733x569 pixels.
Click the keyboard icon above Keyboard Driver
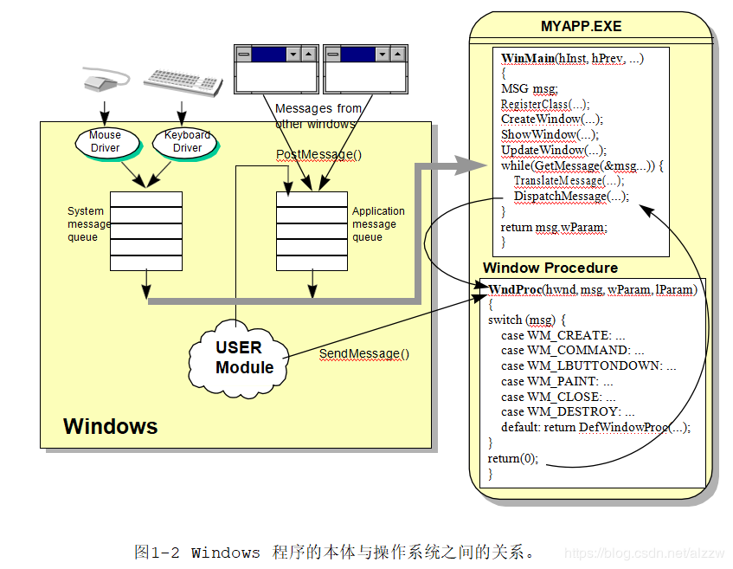(x=183, y=80)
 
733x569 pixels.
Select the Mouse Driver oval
(x=106, y=142)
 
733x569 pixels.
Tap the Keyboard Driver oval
(x=187, y=142)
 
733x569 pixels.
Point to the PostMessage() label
(x=318, y=155)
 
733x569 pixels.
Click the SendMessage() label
(x=364, y=353)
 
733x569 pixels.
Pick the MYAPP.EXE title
(x=581, y=27)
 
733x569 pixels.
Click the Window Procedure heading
(x=550, y=268)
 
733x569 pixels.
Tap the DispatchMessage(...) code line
(x=571, y=197)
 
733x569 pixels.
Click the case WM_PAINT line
(x=556, y=381)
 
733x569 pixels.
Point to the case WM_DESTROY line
(x=567, y=412)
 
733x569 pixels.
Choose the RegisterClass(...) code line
(x=545, y=104)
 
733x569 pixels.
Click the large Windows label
(x=111, y=426)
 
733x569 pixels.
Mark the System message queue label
(x=89, y=224)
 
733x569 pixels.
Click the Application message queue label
(x=378, y=224)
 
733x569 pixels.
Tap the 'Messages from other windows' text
(x=318, y=116)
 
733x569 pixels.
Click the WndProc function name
(x=516, y=289)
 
